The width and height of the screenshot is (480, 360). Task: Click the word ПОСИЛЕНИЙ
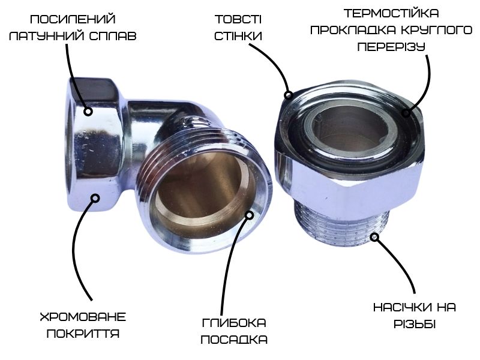pyautogui.click(x=73, y=19)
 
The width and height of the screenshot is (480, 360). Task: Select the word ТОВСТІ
pyautogui.click(x=238, y=19)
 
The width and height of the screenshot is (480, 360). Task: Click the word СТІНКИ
pyautogui.click(x=238, y=36)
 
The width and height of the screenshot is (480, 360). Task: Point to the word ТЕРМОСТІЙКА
pyautogui.click(x=391, y=13)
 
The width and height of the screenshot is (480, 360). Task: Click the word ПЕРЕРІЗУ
pyautogui.click(x=391, y=47)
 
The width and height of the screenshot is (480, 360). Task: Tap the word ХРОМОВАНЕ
pyautogui.click(x=83, y=317)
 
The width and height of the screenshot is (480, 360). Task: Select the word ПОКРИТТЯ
pyautogui.click(x=83, y=334)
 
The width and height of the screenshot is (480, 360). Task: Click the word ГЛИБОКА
pyautogui.click(x=234, y=323)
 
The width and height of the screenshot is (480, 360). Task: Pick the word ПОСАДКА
pyautogui.click(x=234, y=340)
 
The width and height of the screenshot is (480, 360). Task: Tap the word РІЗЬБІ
pyautogui.click(x=415, y=324)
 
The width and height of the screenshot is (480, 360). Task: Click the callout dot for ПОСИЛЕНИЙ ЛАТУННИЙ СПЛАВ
pyautogui.click(x=88, y=112)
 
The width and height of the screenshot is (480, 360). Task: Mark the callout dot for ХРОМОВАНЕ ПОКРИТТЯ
pyautogui.click(x=96, y=199)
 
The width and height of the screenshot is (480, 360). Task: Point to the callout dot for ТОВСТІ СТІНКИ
pyautogui.click(x=288, y=95)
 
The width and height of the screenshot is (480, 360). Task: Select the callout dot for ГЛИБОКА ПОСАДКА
pyautogui.click(x=250, y=215)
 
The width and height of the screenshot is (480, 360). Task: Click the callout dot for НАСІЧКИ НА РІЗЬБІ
pyautogui.click(x=374, y=236)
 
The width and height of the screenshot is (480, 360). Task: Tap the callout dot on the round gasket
pyautogui.click(x=406, y=113)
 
